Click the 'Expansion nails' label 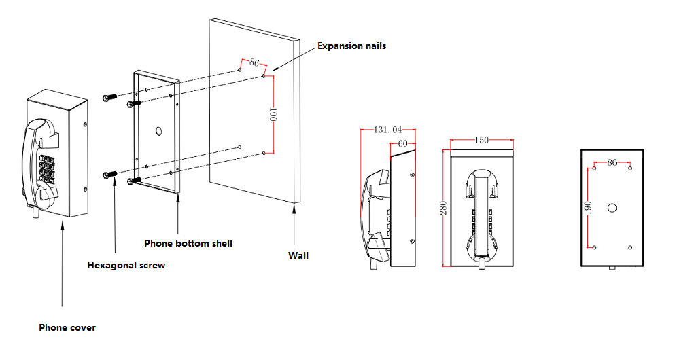tap(351, 46)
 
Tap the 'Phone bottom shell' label tap(188, 243)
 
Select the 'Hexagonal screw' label tap(126, 266)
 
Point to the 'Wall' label tap(298, 255)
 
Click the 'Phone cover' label tap(67, 327)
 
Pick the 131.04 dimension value tap(388, 130)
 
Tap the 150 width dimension tap(481, 141)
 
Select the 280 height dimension tap(443, 208)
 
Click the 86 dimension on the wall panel tap(255, 62)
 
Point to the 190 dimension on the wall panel tap(273, 114)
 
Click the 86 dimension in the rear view tap(612, 163)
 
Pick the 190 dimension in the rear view tap(589, 207)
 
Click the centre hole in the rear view tap(612, 207)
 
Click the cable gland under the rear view tap(612, 268)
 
